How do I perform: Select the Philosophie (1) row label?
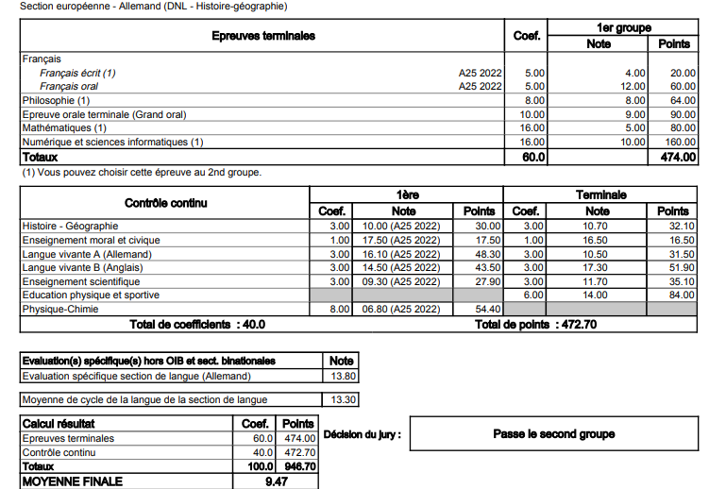click(57, 100)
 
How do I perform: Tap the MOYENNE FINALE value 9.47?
click(277, 481)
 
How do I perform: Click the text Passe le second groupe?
click(553, 434)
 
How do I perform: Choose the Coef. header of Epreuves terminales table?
click(526, 36)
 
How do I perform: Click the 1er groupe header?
click(624, 28)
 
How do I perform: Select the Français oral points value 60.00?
click(678, 86)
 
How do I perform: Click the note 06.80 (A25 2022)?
click(402, 309)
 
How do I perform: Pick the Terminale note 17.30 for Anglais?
click(598, 268)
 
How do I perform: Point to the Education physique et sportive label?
click(91, 295)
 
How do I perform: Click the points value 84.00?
click(676, 295)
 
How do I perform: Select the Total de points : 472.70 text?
click(534, 325)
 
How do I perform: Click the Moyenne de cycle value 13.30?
click(343, 399)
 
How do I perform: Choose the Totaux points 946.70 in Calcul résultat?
click(298, 466)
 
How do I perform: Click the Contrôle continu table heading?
click(166, 202)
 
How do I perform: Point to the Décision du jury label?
click(362, 434)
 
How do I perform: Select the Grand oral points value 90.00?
click(678, 114)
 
